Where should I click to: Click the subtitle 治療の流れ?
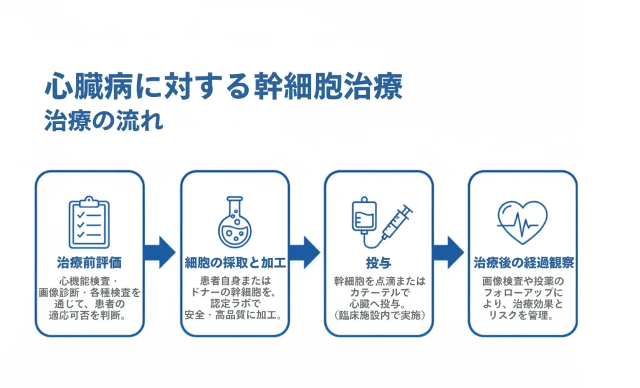[x=104, y=120]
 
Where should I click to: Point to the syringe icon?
[x=396, y=222]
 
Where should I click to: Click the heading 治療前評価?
[x=89, y=262]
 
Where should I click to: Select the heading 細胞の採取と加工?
[x=235, y=262]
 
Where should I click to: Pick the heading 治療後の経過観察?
[x=523, y=262]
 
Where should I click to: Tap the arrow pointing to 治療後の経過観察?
[x=448, y=252]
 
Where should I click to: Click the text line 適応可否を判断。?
[x=89, y=315]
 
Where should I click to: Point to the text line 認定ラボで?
[x=235, y=304]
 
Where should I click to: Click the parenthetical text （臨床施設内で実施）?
[x=379, y=315]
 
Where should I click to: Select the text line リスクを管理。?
[x=523, y=315]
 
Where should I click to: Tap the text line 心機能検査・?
[x=89, y=280]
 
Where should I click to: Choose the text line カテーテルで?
[x=379, y=292]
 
